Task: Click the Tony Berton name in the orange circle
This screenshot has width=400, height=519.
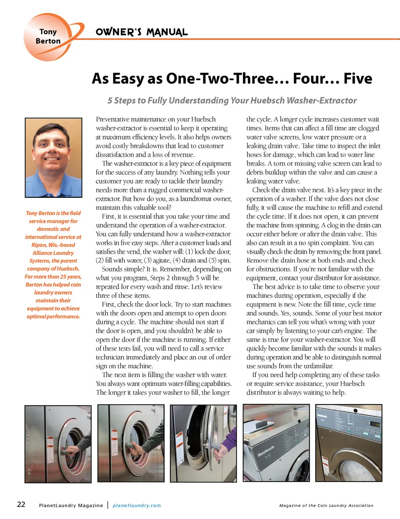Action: [48, 36]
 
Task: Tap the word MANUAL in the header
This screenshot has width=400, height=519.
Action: [167, 32]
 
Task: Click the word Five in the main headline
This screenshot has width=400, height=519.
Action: [357, 79]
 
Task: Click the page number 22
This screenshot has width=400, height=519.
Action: [21, 504]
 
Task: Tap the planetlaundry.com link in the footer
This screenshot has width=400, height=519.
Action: [137, 505]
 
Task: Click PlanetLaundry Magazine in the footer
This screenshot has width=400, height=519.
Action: [71, 505]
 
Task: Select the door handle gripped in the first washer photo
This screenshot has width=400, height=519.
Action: [71, 451]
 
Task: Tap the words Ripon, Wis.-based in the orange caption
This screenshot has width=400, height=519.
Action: [53, 245]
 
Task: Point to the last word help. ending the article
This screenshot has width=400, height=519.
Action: [338, 392]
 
